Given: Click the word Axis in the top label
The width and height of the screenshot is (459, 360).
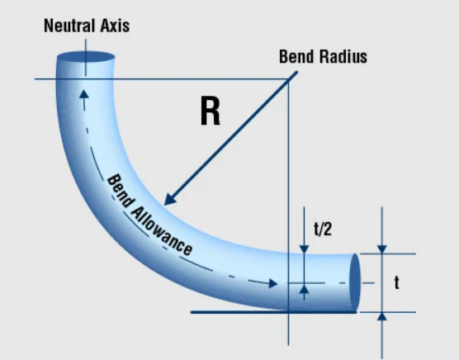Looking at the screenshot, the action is [115, 26].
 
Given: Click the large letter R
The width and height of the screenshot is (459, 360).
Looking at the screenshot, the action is [211, 111].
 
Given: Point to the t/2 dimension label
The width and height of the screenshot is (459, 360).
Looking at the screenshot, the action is [323, 229].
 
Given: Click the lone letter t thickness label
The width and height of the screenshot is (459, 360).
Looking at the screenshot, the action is [396, 282].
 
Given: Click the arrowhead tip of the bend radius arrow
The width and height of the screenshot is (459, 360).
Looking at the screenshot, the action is [164, 205].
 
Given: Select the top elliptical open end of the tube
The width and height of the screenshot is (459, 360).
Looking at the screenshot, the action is [86, 57].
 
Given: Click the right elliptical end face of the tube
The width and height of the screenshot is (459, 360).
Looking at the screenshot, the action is [355, 282].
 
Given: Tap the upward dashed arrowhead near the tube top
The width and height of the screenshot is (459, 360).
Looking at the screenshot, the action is [84, 94].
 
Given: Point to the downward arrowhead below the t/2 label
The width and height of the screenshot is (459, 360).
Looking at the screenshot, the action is [304, 249].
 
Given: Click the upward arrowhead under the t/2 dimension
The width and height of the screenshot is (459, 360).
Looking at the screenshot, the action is [304, 288].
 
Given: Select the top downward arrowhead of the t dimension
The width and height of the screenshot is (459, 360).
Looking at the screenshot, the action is [381, 249].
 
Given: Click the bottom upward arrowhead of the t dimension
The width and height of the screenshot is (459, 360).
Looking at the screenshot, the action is [381, 317].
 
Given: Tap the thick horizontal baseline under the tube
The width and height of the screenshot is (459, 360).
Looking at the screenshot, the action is [274, 312].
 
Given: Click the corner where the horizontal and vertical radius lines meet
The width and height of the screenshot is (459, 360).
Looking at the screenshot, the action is [289, 79].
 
